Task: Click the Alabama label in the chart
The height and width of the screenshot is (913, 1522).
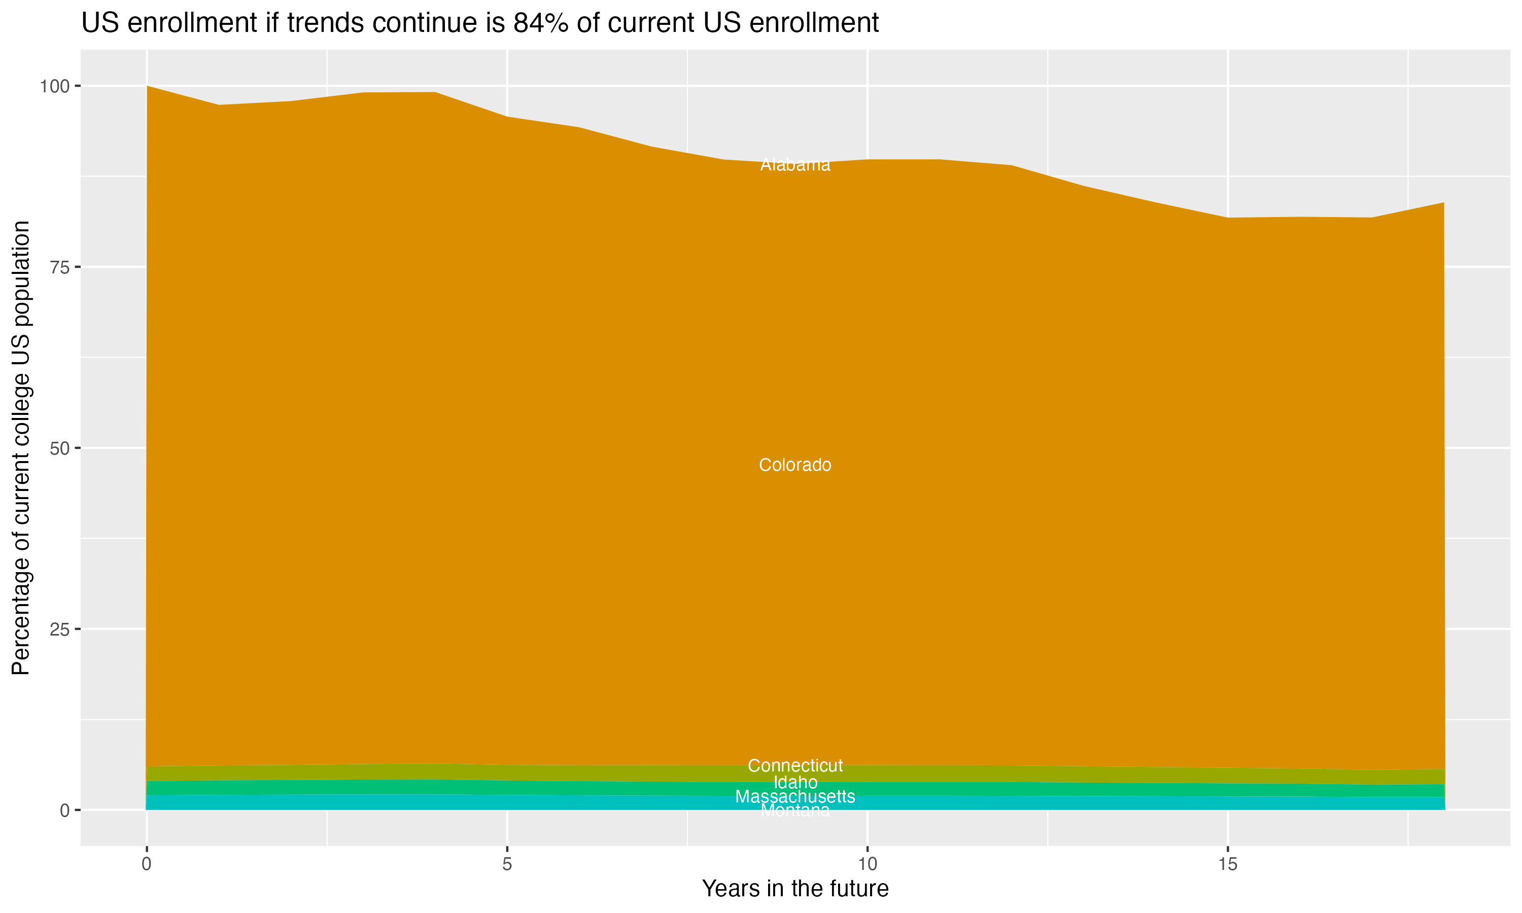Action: [795, 165]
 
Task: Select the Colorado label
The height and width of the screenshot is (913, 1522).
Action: [795, 465]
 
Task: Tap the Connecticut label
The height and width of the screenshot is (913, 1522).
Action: [795, 766]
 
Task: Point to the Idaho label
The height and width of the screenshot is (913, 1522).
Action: [795, 783]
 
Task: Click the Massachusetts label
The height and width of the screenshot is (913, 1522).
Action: [795, 797]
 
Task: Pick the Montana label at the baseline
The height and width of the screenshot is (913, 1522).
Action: [795, 811]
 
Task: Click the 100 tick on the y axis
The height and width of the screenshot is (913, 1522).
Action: [54, 86]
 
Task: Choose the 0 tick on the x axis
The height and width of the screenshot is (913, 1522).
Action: [147, 865]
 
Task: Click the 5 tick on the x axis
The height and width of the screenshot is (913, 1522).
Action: [507, 865]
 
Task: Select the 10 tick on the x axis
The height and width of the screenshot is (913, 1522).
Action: [867, 865]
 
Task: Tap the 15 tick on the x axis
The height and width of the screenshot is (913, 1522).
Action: [1227, 865]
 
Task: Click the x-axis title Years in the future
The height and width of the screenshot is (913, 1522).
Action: [795, 889]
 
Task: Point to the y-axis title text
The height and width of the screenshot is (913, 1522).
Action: [21, 448]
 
